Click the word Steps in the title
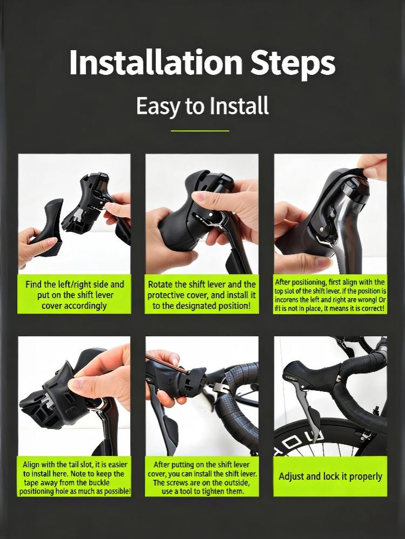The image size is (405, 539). pyautogui.click(x=293, y=64)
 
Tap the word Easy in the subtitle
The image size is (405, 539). pyautogui.click(x=158, y=106)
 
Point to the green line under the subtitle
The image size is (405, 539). pyautogui.click(x=200, y=131)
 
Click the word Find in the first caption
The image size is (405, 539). pyautogui.click(x=33, y=284)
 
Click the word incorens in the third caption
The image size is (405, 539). pyautogui.click(x=287, y=300)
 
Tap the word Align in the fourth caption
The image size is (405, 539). pyautogui.click(x=31, y=465)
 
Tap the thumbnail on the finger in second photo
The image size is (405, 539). pyautogui.click(x=199, y=197)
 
